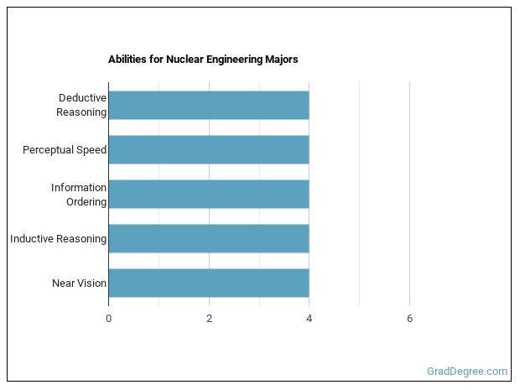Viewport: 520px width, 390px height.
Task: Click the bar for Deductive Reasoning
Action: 208,105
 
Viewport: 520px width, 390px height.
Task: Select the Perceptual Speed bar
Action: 208,149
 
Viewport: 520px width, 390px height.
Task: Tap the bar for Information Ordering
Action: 208,194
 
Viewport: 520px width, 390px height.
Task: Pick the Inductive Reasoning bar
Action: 208,238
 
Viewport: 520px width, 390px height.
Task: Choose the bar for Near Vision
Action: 208,283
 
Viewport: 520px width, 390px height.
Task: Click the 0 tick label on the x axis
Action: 108,319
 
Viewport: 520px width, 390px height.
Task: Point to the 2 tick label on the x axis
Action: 209,319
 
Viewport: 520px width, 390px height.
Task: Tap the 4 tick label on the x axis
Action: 309,319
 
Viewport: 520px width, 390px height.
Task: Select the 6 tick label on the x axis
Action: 409,319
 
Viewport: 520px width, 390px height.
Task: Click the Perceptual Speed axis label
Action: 65,150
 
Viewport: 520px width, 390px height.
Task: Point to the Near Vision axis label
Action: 79,283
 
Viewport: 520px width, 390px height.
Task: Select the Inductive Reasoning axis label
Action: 58,239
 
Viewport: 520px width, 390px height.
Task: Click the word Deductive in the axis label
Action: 82,98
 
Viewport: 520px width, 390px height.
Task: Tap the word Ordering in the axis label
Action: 86,201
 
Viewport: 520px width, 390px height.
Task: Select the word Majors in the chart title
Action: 281,60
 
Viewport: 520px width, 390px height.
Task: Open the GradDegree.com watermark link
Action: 465,371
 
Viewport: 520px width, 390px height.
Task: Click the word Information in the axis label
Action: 79,187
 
